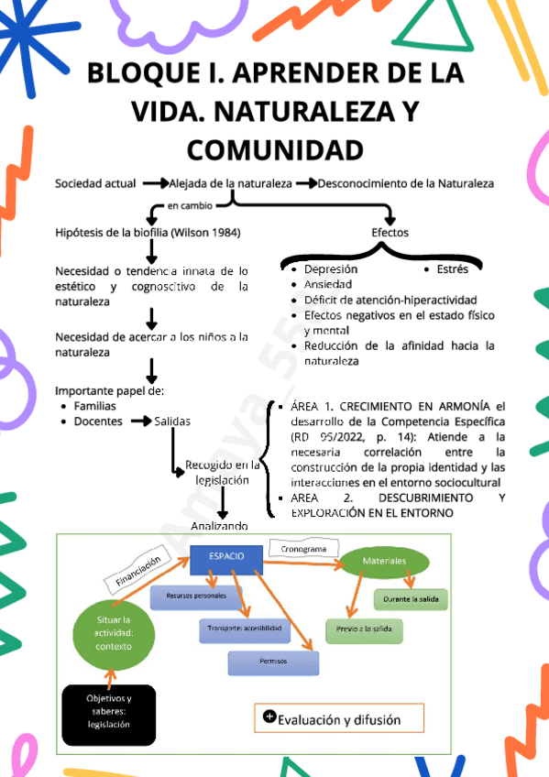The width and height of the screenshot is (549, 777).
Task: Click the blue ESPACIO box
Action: tap(225, 557)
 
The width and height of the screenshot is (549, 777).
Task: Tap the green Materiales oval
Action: tap(384, 560)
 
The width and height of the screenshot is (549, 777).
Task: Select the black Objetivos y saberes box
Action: tap(108, 711)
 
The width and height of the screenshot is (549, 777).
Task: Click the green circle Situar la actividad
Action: tap(114, 633)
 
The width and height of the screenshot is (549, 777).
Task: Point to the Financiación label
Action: tap(138, 570)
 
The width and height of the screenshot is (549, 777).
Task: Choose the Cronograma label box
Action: tap(302, 549)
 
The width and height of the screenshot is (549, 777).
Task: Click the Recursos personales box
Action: tap(195, 596)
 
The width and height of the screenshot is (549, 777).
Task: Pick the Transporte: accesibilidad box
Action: tap(243, 629)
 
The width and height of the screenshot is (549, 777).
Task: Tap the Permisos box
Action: tap(272, 661)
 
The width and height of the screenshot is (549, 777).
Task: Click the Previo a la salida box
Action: tap(364, 630)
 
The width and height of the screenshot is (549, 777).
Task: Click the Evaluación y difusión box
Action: tap(339, 718)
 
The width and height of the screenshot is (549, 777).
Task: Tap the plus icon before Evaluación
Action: tap(269, 717)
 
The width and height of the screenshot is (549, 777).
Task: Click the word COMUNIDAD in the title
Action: tap(274, 148)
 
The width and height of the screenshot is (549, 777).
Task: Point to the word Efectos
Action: tap(390, 233)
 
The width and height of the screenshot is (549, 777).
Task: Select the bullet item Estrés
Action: tap(452, 269)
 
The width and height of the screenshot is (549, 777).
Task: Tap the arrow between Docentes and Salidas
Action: tap(141, 421)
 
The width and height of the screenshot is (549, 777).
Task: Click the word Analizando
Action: tap(219, 526)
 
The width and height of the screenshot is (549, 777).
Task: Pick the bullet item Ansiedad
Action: tap(327, 285)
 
